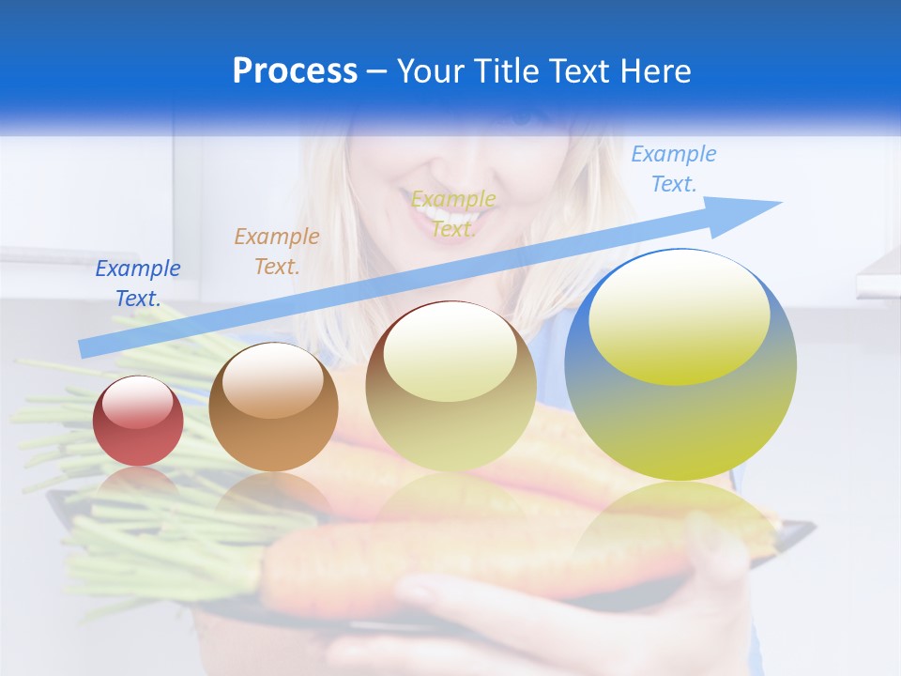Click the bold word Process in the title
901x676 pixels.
click(295, 70)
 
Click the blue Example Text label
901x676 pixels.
click(138, 284)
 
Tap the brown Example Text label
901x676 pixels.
click(277, 251)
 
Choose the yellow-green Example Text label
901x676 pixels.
click(453, 213)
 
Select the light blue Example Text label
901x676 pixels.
click(674, 168)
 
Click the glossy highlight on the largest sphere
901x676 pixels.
click(679, 319)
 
